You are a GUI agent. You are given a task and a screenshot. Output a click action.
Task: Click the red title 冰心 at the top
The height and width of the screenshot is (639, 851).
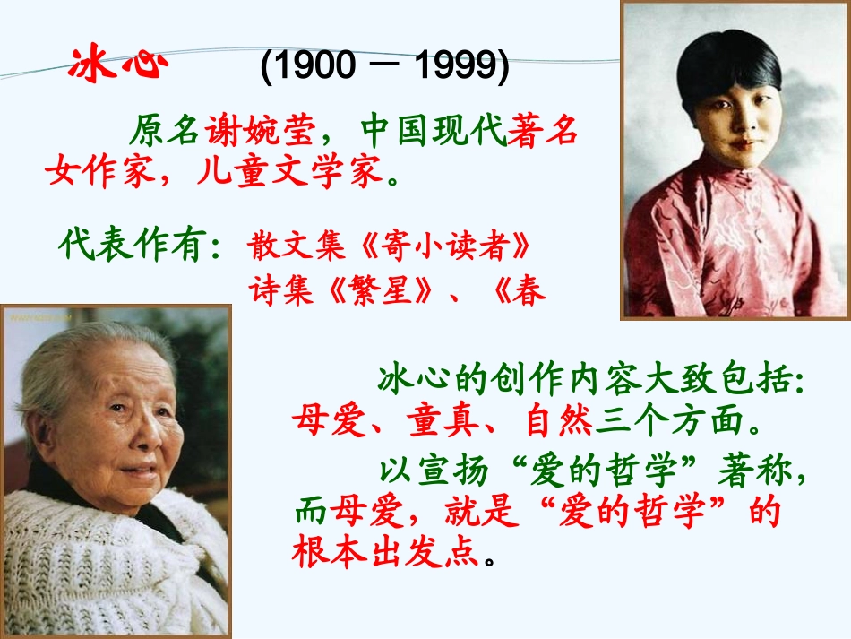point(118,65)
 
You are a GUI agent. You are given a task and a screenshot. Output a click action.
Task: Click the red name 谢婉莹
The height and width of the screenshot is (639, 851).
point(261,132)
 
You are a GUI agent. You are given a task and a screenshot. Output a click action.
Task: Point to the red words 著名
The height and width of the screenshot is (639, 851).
point(542,132)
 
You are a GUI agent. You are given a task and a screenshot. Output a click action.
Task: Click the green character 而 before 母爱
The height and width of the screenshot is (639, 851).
point(310,513)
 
